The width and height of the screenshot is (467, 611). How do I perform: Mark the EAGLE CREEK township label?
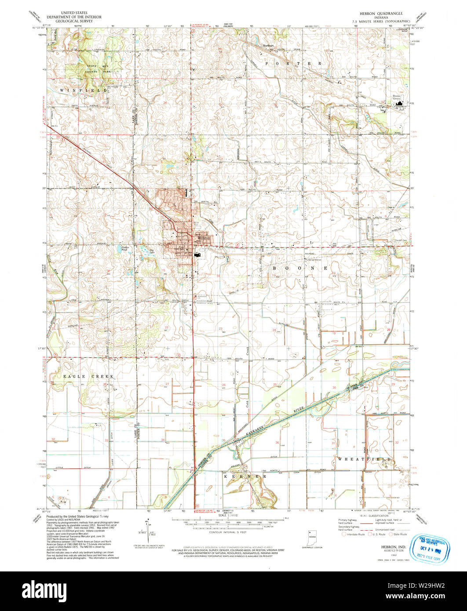point(88,377)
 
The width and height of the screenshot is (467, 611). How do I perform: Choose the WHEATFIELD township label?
point(365,459)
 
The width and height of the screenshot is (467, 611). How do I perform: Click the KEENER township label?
point(245,476)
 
